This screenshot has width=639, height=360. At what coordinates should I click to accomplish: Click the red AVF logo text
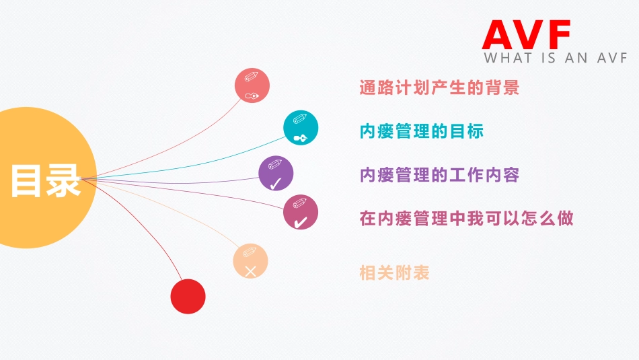pos(527,34)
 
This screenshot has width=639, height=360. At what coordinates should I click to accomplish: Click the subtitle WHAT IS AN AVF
pos(555,59)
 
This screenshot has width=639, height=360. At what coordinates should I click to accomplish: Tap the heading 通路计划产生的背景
pos(440,87)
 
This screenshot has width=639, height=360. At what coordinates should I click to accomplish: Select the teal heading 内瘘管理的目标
pos(422,131)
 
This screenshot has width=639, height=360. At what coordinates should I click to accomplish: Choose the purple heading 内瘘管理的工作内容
pos(440,175)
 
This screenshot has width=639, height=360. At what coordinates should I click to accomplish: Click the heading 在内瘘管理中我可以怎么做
pos(467,219)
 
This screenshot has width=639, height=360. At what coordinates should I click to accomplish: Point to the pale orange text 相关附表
pos(395,273)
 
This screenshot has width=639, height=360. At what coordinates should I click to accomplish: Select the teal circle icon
pos(301,128)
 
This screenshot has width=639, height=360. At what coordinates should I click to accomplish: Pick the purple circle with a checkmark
pos(276,174)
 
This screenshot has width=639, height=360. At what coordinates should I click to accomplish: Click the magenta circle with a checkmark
pos(301,213)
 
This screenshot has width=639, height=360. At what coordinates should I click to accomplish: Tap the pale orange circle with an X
pos(250,261)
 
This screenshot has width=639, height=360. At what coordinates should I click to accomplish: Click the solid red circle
pos(188,296)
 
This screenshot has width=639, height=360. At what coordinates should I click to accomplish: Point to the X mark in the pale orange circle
pos(250,272)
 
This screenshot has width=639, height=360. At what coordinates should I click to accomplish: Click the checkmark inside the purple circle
pos(275,183)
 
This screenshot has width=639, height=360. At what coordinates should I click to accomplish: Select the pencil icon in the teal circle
pos(300,119)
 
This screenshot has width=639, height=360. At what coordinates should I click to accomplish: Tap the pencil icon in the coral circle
pos(252,76)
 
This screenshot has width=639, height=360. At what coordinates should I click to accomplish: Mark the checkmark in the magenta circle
pos(301,221)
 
